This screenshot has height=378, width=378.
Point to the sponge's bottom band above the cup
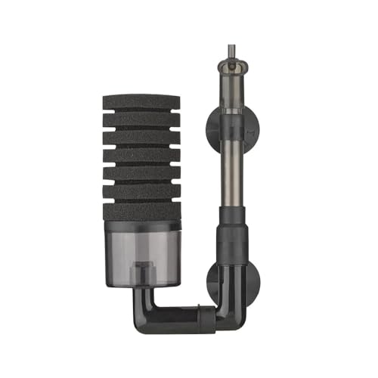[141, 212]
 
